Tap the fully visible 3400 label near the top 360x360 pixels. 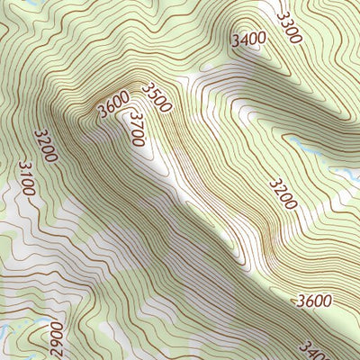(x=247, y=40)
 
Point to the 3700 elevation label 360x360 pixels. (x=137, y=128)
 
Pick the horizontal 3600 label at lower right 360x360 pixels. (x=312, y=301)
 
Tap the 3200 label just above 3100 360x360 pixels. (x=45, y=146)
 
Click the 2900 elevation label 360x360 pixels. (x=57, y=339)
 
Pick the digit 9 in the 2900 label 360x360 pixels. (x=57, y=345)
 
